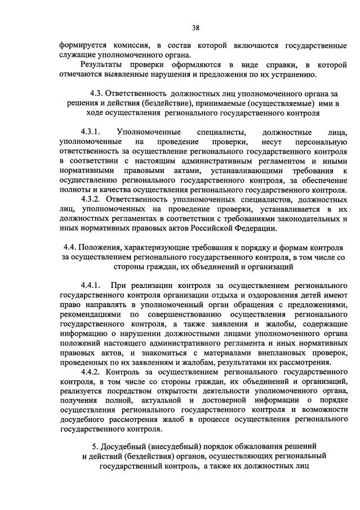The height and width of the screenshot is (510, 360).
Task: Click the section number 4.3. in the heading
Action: [99, 92]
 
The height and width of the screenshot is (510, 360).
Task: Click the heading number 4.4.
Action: [71, 247]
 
